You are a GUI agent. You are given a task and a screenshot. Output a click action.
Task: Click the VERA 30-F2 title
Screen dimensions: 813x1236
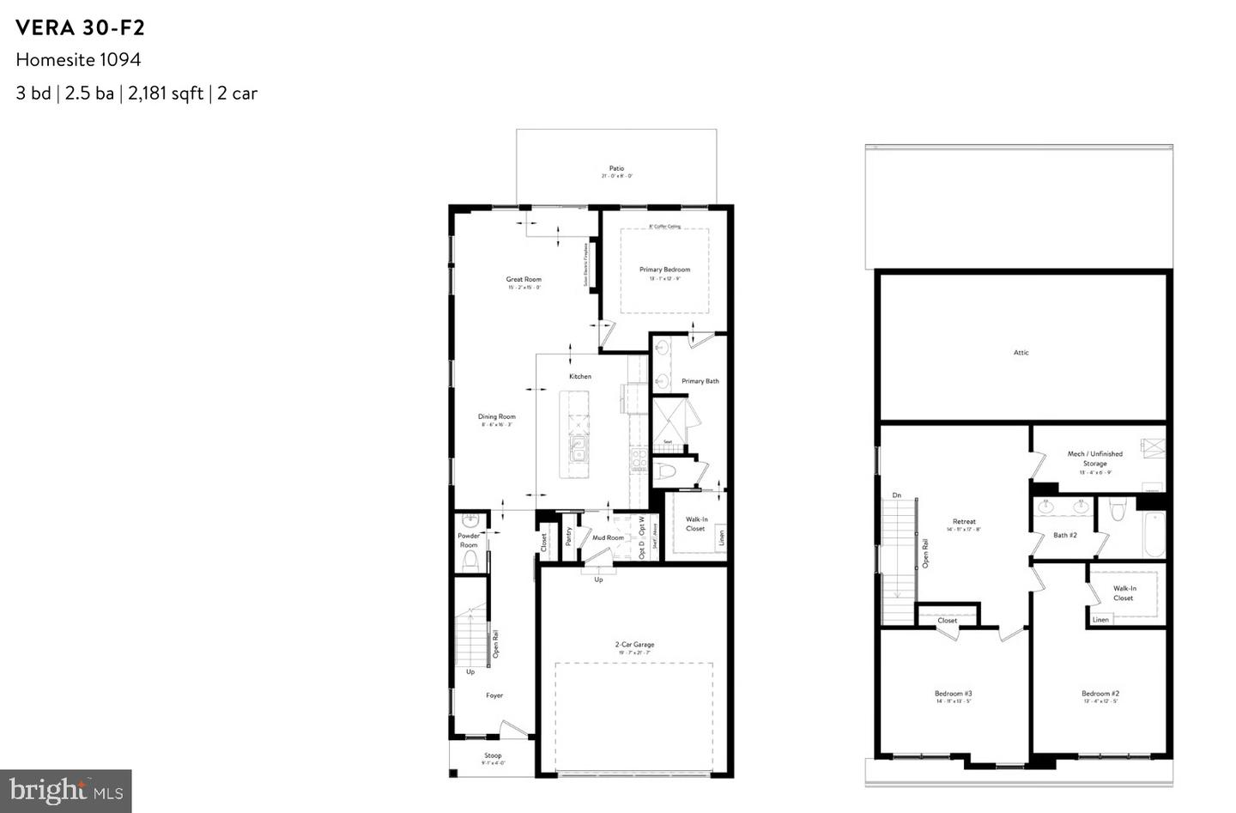coord(81,27)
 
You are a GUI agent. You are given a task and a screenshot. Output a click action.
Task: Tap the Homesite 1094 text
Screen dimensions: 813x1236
coord(78,59)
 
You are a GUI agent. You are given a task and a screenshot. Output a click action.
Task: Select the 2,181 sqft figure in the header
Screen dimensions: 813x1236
coord(166,94)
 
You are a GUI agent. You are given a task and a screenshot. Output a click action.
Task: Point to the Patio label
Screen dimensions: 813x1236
coord(616,169)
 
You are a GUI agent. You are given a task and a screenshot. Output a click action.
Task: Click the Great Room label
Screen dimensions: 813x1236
coord(524,279)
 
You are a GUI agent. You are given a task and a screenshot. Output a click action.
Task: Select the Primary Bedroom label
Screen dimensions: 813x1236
coord(664,270)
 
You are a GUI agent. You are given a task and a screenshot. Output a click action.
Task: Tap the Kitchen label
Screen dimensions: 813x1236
coord(580,376)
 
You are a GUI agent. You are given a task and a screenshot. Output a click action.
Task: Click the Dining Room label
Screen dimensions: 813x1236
coord(497,417)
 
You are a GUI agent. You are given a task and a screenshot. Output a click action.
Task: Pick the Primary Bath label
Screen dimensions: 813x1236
coord(700,381)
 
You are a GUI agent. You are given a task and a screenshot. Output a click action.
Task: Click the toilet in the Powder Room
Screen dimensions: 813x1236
coord(470,561)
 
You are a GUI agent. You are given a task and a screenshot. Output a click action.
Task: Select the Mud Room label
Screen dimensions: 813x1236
coord(608,538)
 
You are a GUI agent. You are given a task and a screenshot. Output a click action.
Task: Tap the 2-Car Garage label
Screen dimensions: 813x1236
coord(634,645)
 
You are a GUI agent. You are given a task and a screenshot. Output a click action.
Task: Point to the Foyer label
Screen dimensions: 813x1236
coord(494,695)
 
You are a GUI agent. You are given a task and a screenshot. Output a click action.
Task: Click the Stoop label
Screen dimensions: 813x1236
coord(493,756)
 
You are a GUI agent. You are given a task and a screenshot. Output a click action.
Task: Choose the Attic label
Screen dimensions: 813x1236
coord(1021,352)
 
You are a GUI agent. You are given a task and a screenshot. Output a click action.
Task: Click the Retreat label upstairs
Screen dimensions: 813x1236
coord(964,522)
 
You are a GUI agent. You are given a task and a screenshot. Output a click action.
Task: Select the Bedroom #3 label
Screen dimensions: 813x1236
coord(953,694)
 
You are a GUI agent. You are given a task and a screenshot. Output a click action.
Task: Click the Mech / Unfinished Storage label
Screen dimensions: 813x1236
coord(1094,458)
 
